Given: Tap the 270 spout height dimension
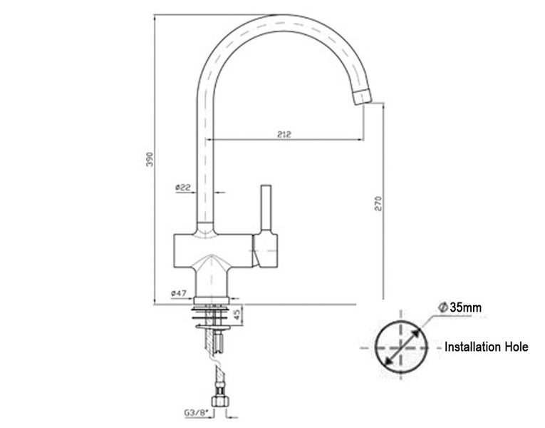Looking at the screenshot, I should pyautogui.click(x=379, y=202).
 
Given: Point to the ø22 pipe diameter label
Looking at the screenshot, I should pyautogui.click(x=182, y=187).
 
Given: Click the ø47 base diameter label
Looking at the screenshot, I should pyautogui.click(x=179, y=293).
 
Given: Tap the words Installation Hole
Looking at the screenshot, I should pyautogui.click(x=486, y=347).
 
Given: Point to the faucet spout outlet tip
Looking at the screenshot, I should pyautogui.click(x=363, y=96).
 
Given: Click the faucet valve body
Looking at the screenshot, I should pyautogui.click(x=214, y=253).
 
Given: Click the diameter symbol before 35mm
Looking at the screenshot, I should pyautogui.click(x=442, y=307).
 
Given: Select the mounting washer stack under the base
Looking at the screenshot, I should pyautogui.click(x=213, y=312).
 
